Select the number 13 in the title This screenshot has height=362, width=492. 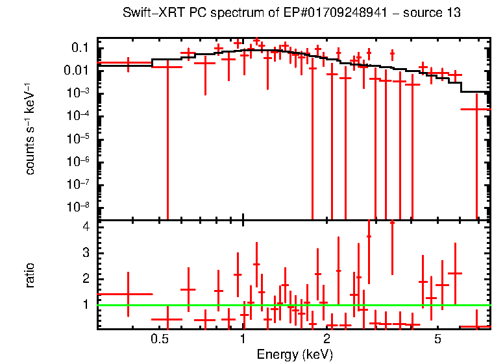(454, 13)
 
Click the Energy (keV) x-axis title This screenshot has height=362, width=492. (295, 354)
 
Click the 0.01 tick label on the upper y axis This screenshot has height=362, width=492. (77, 71)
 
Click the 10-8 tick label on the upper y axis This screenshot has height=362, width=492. (77, 207)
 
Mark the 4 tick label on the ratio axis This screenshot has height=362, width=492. (85, 227)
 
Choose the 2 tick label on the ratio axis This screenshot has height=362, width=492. (85, 278)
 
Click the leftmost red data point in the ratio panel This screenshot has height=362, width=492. (128, 294)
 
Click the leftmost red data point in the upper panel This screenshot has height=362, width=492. (128, 63)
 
